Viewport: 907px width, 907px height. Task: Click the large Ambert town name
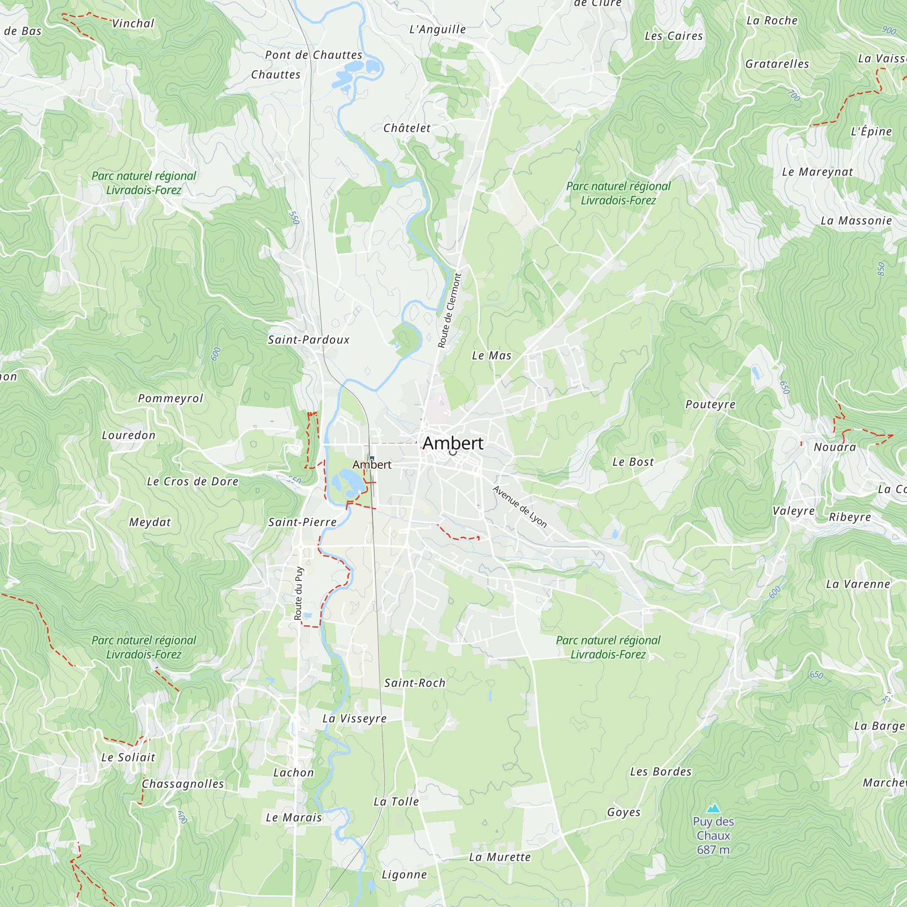pos(453,443)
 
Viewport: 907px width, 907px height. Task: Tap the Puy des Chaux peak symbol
pos(713,808)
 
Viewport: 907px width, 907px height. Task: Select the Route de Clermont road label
pos(450,310)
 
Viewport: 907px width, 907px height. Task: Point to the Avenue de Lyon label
pos(520,507)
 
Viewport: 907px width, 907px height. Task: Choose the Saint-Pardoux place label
pos(308,340)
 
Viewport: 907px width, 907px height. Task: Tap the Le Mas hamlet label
pos(492,356)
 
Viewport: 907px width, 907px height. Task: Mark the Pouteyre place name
pos(710,404)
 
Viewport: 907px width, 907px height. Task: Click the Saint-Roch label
pos(415,683)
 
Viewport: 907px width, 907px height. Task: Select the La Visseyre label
pos(355,718)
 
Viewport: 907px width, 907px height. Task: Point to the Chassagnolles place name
pos(183,784)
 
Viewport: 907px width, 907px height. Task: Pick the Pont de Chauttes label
pos(314,55)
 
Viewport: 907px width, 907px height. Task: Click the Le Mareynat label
pos(817,172)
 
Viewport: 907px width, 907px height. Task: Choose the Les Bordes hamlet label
pos(661,771)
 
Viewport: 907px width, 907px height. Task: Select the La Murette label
pos(500,857)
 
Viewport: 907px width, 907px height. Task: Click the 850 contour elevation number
pos(881,268)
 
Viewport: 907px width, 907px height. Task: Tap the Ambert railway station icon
pos(372,458)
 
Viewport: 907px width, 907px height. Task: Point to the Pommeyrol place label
pos(171,399)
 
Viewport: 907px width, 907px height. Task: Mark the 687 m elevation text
pos(713,849)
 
